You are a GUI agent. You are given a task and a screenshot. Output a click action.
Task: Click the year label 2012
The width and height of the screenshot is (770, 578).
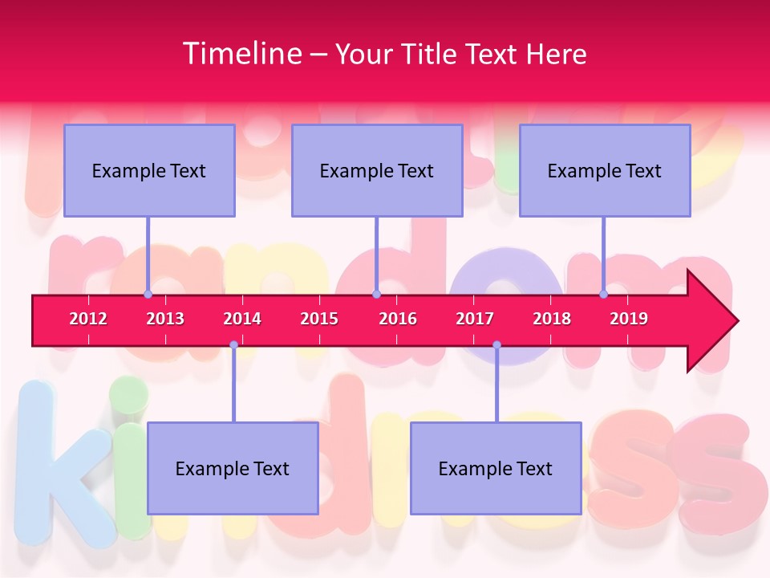(88, 319)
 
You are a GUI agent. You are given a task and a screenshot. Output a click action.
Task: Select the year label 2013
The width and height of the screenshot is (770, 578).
(165, 319)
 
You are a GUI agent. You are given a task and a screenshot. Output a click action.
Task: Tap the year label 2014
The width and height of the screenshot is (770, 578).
(242, 319)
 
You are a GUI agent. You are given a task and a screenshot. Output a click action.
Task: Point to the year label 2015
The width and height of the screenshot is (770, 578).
(319, 319)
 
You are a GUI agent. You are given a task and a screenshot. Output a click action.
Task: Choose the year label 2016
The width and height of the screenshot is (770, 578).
(398, 319)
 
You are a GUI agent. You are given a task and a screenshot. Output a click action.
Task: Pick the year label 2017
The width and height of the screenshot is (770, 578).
(475, 319)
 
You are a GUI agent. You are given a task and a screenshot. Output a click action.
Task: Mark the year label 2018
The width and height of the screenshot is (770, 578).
(552, 319)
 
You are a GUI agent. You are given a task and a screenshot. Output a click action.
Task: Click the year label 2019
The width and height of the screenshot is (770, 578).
(629, 319)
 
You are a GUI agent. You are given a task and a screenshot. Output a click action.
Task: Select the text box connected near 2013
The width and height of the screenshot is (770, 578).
(149, 170)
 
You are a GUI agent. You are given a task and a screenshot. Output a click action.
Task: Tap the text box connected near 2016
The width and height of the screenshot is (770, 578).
(377, 170)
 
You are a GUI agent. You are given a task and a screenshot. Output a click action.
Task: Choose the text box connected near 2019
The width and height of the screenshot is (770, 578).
(605, 170)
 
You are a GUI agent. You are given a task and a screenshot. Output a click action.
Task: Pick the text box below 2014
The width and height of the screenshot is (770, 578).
(233, 468)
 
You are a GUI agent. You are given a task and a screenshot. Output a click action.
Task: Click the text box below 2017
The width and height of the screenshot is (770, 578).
(496, 468)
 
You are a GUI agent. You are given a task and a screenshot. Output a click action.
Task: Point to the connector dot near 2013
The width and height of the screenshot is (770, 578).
(148, 295)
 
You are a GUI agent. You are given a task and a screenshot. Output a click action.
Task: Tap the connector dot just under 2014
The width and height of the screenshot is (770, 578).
(233, 344)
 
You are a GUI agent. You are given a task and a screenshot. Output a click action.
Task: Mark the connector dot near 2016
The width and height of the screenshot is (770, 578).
(376, 295)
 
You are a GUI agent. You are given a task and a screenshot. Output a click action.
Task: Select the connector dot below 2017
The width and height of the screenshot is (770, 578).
(496, 344)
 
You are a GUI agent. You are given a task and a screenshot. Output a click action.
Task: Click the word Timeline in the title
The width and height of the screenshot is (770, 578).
(241, 53)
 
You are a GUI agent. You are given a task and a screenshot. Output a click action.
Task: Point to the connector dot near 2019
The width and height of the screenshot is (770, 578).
(603, 295)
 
